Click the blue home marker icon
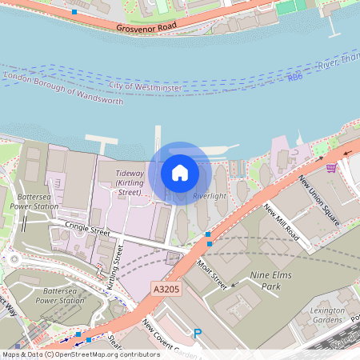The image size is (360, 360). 180,172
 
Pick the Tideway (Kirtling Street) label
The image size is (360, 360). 130,182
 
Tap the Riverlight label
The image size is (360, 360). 210,196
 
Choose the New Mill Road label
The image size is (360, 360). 281,223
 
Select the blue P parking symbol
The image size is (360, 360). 197,334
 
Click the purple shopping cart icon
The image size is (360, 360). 331,167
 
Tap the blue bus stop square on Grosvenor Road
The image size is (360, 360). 74,12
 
